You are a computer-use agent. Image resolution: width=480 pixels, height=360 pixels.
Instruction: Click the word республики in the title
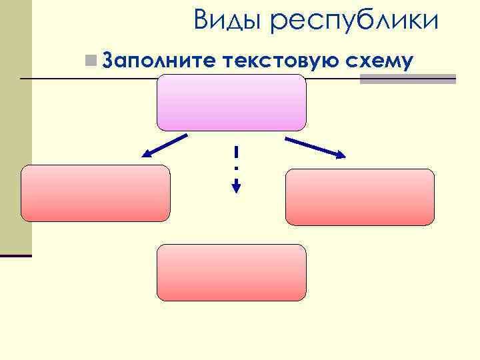tap(356, 22)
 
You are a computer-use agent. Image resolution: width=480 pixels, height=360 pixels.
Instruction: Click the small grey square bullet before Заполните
tap(91, 61)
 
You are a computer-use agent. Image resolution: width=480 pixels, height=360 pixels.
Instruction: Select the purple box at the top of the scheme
tap(231, 102)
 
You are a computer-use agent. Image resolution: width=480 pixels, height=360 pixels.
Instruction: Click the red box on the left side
tap(95, 193)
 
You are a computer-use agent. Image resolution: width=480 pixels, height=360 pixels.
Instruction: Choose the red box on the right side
tap(360, 197)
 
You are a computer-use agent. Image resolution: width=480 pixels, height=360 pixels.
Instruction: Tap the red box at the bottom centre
tap(231, 272)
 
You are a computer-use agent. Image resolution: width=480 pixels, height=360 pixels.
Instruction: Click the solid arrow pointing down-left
tap(164, 146)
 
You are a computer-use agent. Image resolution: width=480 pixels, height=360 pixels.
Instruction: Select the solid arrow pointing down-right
tap(316, 147)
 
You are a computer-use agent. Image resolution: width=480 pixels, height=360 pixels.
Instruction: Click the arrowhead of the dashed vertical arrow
tap(236, 187)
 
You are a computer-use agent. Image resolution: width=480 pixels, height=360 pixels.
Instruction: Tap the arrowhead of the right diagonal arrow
tap(341, 155)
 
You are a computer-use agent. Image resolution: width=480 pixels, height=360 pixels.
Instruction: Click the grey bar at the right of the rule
tap(408, 79)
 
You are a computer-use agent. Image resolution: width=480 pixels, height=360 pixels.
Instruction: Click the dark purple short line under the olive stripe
tap(16, 255)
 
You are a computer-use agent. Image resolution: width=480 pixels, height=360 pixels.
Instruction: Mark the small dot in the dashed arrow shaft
tap(236, 167)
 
